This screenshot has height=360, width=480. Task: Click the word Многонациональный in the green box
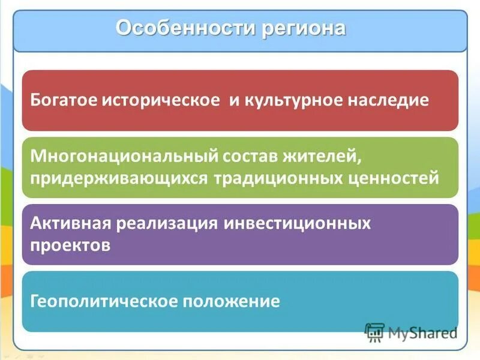pos(124,157)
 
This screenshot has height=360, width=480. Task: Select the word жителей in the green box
pos(326,157)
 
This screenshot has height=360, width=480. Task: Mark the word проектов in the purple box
pos(70,245)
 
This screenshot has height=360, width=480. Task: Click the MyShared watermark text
pos(422,332)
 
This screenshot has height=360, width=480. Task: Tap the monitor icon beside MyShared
pos(374,332)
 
